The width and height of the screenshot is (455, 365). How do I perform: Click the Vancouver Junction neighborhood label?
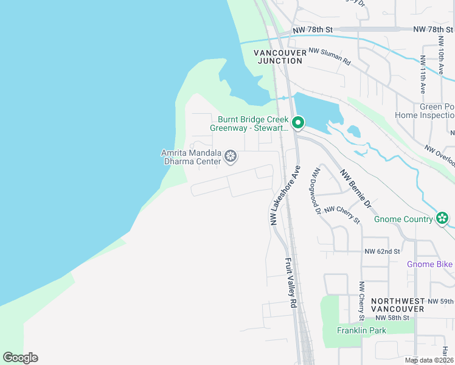(280, 57)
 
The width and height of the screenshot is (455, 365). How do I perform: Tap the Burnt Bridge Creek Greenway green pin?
(298, 123)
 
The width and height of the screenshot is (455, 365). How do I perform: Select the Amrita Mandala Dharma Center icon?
(231, 157)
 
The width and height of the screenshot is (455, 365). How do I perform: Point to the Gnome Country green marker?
(442, 218)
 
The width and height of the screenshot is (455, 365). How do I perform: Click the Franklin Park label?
(362, 331)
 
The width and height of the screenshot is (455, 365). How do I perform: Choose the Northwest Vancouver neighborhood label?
(398, 305)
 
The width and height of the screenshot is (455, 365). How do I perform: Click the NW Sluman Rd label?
(330, 57)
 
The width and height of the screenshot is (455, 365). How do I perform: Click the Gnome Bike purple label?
(430, 264)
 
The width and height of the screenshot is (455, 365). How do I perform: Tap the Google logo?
(20, 358)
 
